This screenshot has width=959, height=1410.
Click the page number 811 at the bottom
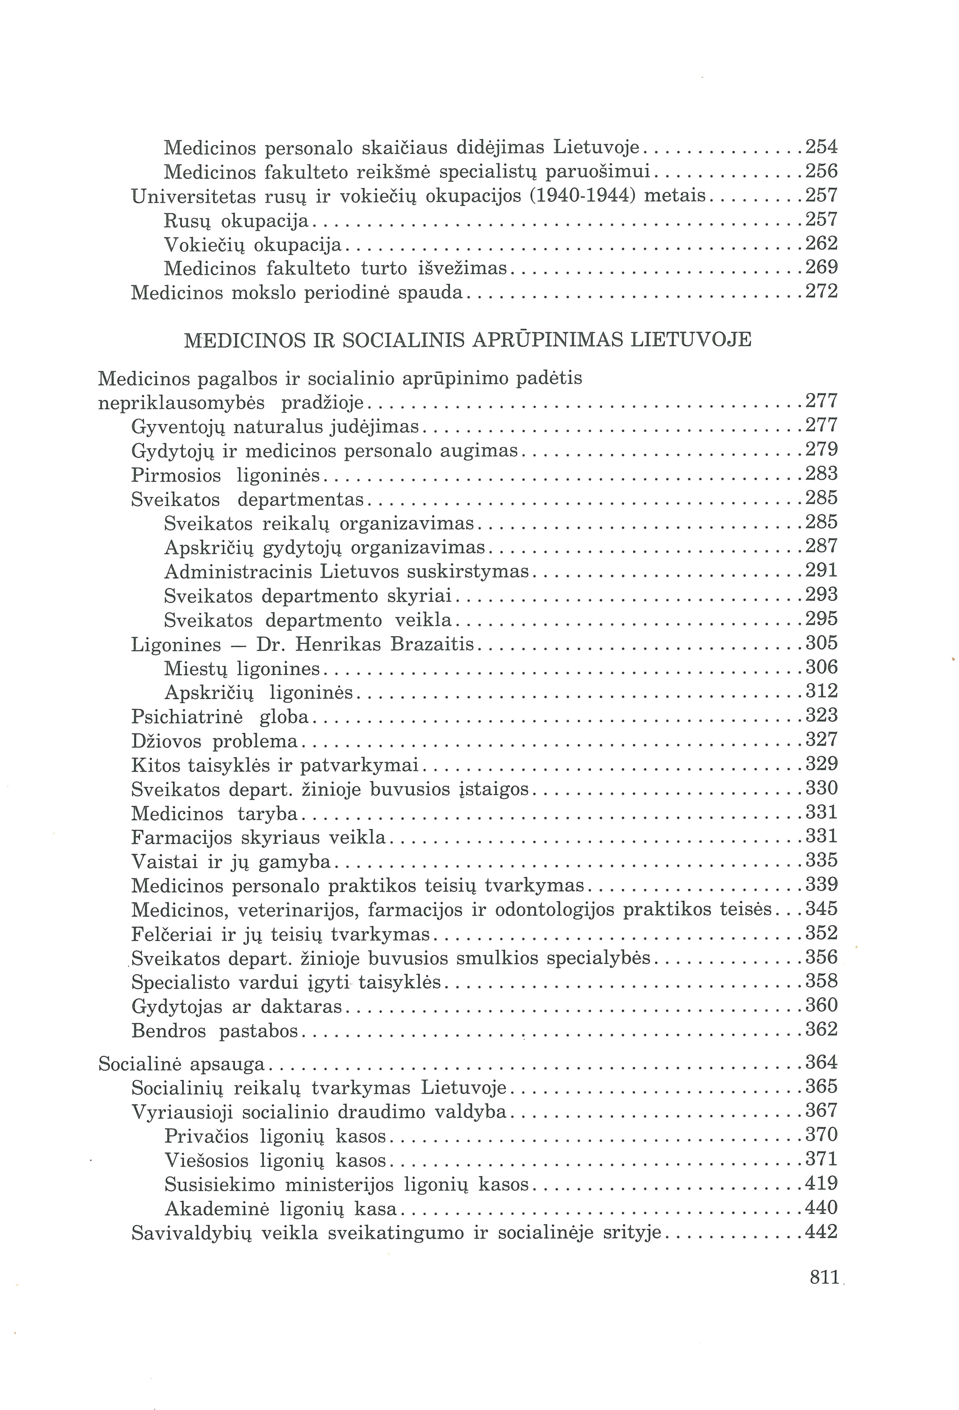(x=824, y=1277)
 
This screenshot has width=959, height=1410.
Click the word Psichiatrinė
(x=187, y=717)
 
